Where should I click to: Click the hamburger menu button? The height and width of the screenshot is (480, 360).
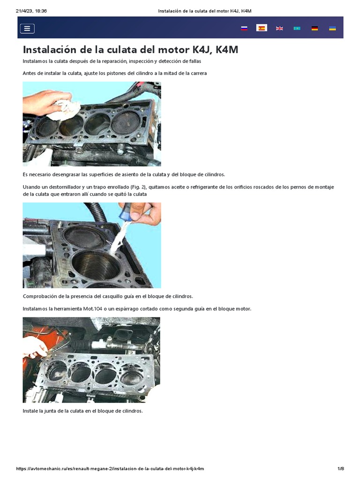coord(27,29)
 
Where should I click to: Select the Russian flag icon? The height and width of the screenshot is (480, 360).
coord(244,29)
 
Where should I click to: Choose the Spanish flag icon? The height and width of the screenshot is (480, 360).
coord(261,28)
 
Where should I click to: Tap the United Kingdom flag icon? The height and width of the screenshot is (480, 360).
coord(279,29)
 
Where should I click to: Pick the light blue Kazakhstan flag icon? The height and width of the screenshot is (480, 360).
coord(297,29)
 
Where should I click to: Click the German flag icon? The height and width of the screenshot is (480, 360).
coord(315,29)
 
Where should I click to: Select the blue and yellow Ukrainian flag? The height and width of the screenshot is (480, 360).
coord(332,29)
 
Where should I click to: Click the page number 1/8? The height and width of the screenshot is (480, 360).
coord(341,469)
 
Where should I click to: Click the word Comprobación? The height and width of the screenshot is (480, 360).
coord(42,296)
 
